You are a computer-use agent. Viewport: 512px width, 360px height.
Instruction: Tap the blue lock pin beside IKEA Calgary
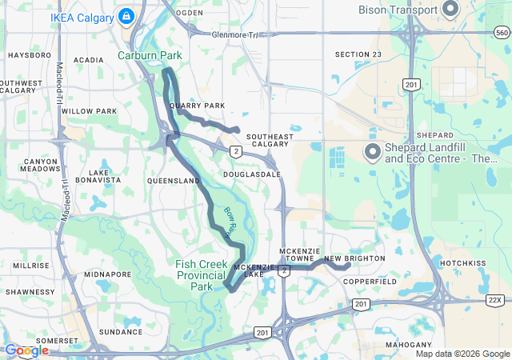pos(126,15)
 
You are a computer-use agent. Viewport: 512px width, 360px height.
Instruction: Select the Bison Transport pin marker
pos(450,10)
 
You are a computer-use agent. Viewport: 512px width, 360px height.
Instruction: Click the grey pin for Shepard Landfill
pos(372,151)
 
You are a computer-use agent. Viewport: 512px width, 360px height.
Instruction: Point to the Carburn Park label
pos(150,55)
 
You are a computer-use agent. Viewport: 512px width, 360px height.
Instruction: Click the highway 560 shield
pos(502,33)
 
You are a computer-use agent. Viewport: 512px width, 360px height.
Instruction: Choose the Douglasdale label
pos(252,174)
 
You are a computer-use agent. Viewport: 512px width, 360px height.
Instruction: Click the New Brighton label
pos(354,258)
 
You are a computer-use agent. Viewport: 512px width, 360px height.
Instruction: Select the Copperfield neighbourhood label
pos(370,282)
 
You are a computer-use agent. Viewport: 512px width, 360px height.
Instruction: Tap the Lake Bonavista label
pos(105,176)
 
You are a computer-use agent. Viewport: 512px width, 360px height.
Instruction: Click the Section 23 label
pos(358,54)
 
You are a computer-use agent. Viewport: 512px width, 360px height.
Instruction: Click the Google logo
pos(26,350)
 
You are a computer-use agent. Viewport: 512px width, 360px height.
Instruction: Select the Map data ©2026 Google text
pos(462,354)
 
